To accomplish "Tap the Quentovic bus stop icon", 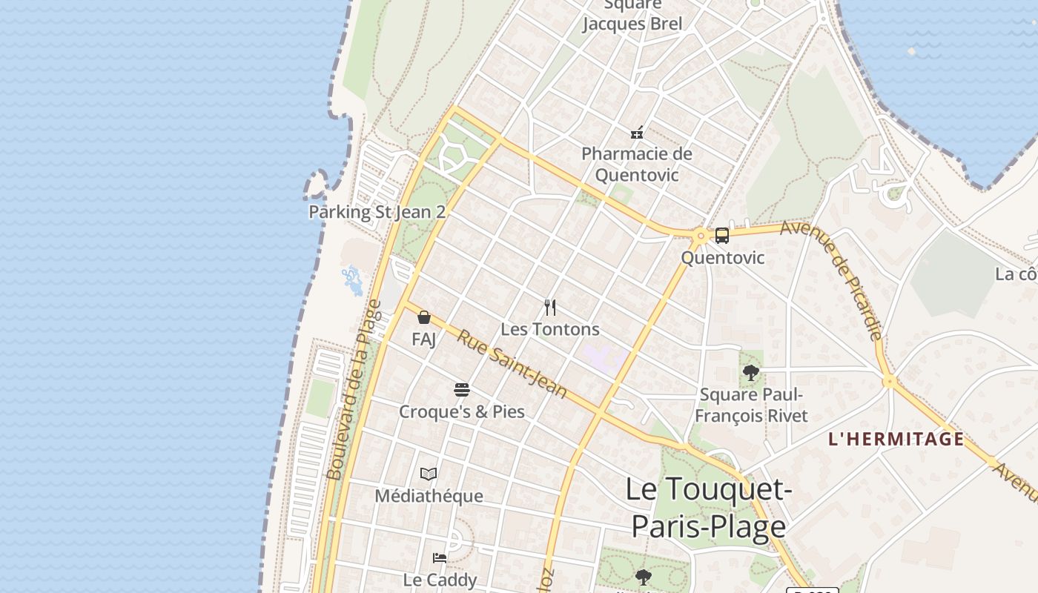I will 721,236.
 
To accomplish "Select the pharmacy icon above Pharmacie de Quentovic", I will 637,133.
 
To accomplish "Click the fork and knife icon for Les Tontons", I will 550,307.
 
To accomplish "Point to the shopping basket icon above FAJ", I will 424,317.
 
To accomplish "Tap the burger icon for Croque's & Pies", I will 462,390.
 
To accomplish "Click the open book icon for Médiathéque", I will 429,474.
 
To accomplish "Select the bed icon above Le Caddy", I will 440,557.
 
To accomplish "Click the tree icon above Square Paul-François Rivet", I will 751,373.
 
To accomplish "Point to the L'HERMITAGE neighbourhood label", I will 896,439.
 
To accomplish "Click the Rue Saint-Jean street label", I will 512,363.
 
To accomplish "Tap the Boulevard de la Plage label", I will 354,389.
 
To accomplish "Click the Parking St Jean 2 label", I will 377,212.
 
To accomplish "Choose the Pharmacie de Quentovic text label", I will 637,165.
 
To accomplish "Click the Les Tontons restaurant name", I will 550,328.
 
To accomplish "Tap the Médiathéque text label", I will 429,495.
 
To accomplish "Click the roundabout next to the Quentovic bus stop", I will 700,237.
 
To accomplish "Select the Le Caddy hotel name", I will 440,579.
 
